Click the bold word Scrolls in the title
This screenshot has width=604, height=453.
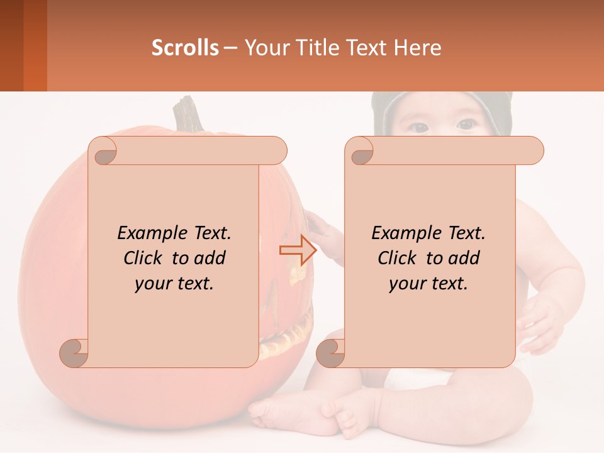(x=185, y=47)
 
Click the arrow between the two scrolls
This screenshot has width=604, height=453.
(x=297, y=250)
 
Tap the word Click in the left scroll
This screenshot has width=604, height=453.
(x=145, y=258)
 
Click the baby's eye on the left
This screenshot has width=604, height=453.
(x=419, y=126)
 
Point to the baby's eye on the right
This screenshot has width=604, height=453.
(x=466, y=125)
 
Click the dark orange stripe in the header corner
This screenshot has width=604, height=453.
(x=35, y=45)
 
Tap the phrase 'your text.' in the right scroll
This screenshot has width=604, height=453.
(x=428, y=283)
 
